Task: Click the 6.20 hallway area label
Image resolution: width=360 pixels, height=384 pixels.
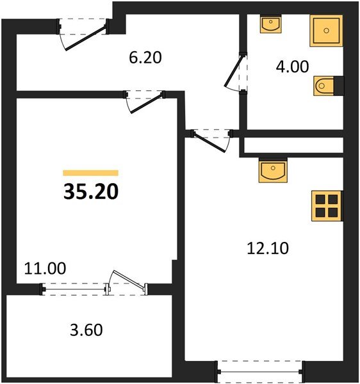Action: (x=145, y=58)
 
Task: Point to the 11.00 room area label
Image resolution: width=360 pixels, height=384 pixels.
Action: (x=44, y=268)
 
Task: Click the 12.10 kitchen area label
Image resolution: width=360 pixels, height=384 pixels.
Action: (x=268, y=248)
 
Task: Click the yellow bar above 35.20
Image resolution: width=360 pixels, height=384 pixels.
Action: (x=90, y=173)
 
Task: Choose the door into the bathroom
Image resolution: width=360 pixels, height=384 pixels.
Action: (x=234, y=73)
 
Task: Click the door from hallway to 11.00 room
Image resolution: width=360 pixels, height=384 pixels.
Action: (x=145, y=101)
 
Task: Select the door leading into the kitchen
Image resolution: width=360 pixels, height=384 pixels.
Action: (x=211, y=140)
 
